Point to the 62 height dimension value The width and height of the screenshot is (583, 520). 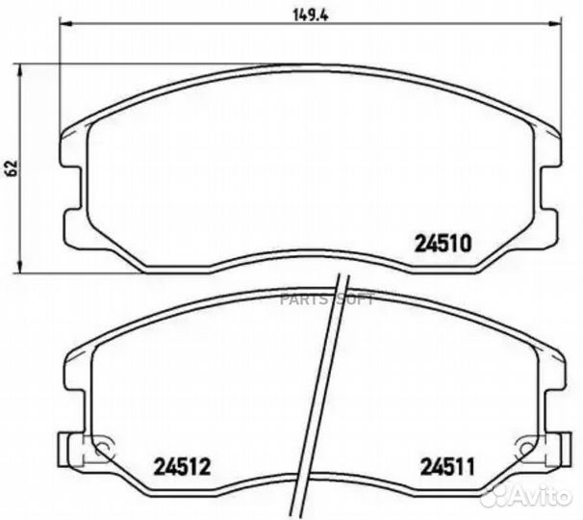coord(12,167)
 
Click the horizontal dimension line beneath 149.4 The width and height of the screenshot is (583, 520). coord(192,27)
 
